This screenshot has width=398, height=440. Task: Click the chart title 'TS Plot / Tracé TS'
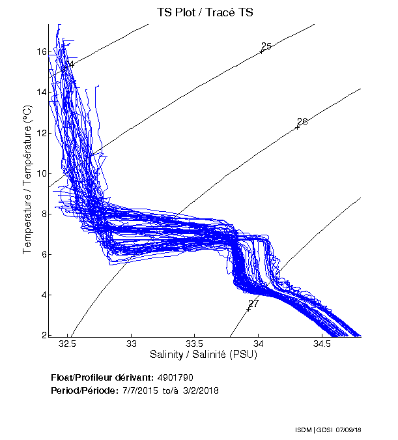coord(205,12)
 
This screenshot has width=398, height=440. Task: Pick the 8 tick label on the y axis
coord(42,214)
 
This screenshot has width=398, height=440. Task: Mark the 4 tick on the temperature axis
coord(42,295)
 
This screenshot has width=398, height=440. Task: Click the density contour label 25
coord(266,46)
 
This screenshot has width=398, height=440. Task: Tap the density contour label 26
coord(302,122)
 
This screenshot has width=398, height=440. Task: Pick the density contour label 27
coord(253,303)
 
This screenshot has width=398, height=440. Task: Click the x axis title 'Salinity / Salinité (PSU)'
coord(205,355)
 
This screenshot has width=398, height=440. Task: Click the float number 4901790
coord(175,377)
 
